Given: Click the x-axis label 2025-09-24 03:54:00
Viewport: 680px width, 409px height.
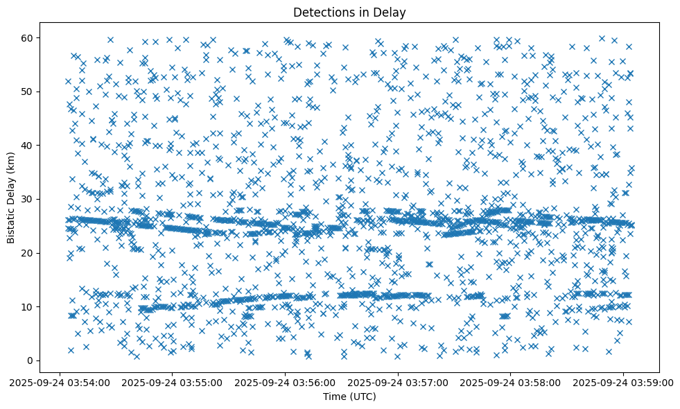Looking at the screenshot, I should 60,382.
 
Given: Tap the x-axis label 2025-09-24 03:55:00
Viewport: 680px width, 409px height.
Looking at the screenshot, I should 173,382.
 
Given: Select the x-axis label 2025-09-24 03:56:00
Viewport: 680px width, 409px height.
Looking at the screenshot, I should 286,382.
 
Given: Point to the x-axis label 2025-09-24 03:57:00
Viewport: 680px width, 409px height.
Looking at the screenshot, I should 399,382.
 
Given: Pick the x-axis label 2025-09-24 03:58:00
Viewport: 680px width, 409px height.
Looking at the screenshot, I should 512,382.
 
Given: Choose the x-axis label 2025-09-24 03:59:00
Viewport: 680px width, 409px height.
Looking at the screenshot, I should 624,382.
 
